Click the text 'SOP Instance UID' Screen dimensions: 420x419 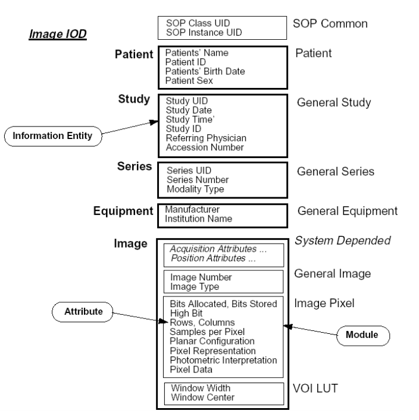[201, 31]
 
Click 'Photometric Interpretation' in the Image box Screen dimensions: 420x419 [224, 361]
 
